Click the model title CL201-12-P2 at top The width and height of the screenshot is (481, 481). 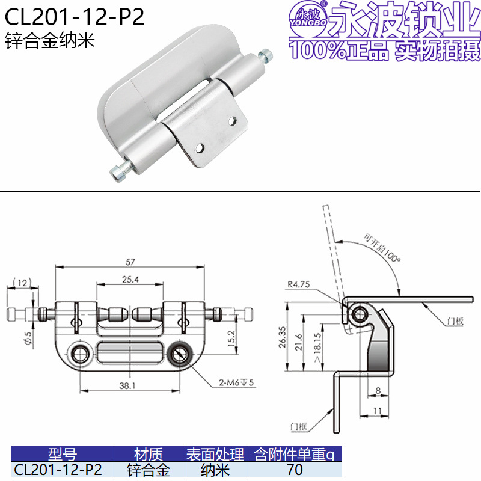75,17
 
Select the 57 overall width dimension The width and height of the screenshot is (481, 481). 130,261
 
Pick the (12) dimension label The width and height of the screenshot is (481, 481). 23,282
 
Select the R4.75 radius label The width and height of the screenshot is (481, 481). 299,285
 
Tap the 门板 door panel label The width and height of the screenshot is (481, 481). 455,322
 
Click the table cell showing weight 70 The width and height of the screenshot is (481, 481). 295,470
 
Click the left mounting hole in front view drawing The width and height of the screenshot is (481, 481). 78,354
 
